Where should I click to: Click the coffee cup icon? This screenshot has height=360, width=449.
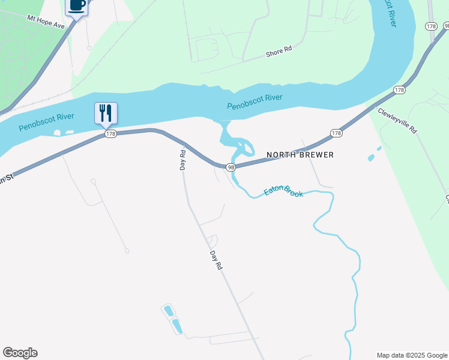coord(76,5)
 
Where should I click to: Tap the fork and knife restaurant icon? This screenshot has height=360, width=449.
coord(106,112)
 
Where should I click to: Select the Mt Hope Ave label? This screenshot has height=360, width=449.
coord(46,22)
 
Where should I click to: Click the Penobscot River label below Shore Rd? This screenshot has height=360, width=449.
coord(255,102)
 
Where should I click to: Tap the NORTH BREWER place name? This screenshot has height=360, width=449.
coord(300,155)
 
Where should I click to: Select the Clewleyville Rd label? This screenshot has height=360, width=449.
coord(397,121)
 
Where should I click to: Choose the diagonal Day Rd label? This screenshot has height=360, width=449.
coord(217,259)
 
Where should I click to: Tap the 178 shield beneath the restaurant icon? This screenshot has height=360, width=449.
coord(110,134)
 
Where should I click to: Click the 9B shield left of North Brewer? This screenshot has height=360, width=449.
coord(231,167)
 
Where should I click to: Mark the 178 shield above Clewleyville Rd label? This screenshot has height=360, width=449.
coord(399,90)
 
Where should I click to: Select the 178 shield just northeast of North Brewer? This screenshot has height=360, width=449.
coord(336,133)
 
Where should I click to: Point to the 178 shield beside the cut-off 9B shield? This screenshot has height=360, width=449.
coord(430,26)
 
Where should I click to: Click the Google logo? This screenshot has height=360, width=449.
coord(20,353)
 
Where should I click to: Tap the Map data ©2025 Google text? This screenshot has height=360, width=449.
coord(412,355)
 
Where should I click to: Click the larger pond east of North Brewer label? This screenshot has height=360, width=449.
coord(371,158)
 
